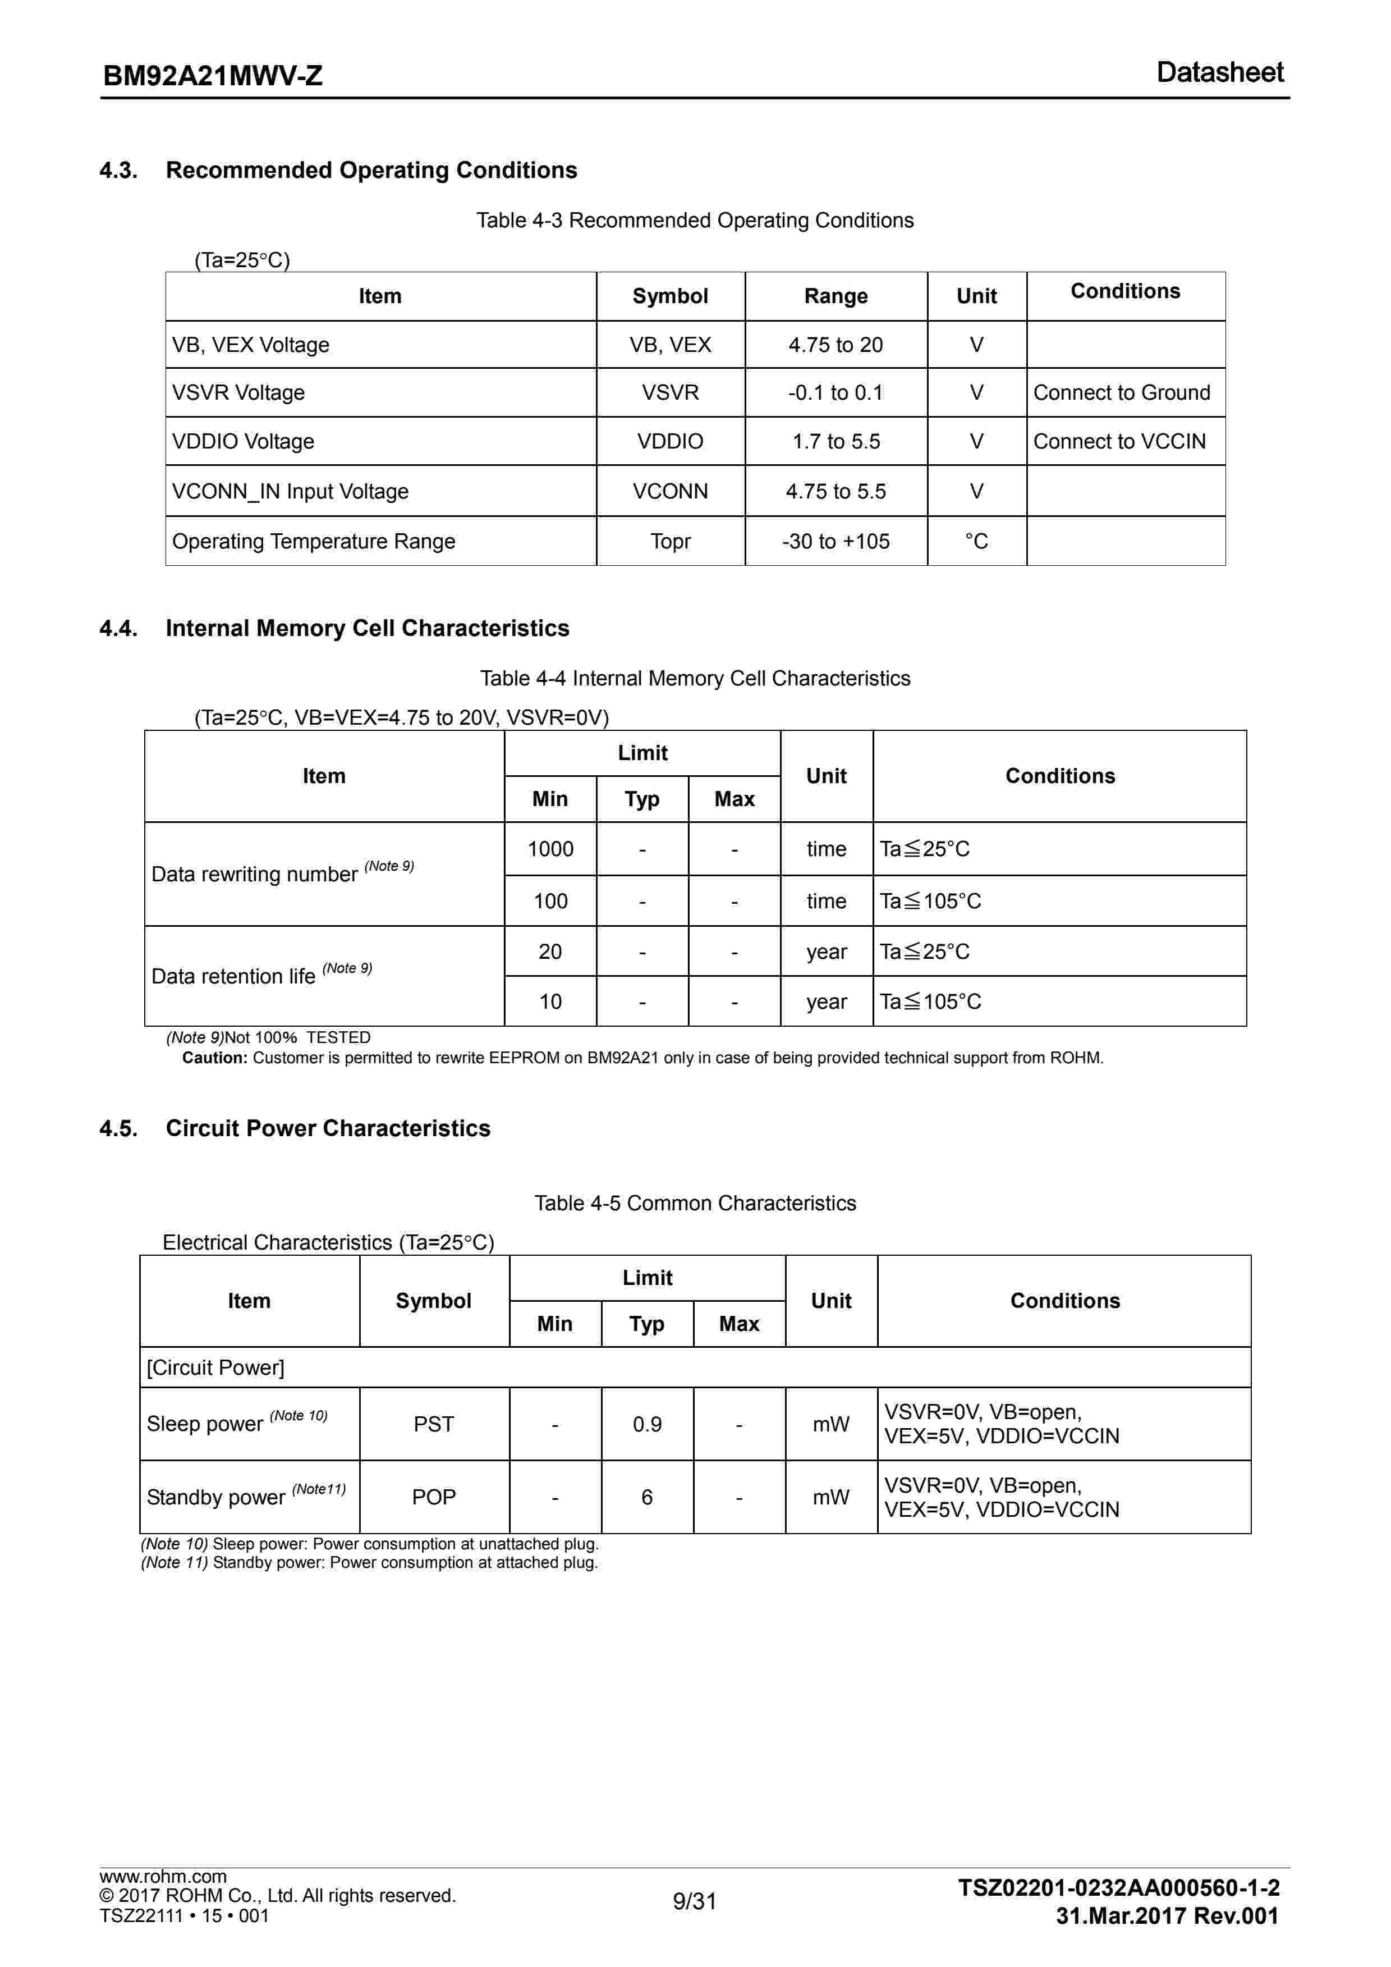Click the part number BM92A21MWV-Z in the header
(x=213, y=76)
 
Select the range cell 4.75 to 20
(x=835, y=345)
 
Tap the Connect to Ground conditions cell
(x=1121, y=392)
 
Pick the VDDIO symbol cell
(x=670, y=441)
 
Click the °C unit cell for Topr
(x=976, y=542)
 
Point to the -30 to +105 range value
(x=835, y=542)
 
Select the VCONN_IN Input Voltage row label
(x=290, y=492)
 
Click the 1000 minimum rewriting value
(x=550, y=849)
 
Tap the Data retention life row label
(x=234, y=977)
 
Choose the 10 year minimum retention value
(x=550, y=1001)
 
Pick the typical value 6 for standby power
(x=646, y=1498)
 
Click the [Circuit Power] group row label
(x=215, y=1368)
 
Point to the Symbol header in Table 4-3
(x=670, y=296)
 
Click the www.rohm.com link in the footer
(x=163, y=1877)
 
